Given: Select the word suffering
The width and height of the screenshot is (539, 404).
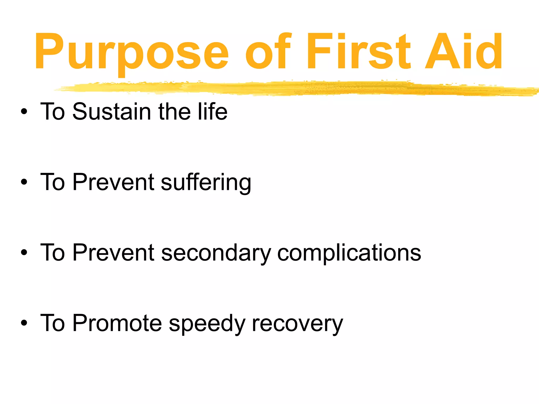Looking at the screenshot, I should pos(206,182).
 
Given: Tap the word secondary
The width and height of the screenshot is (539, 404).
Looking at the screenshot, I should pos(216,253).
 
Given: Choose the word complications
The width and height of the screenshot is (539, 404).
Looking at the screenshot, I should pos(349,253).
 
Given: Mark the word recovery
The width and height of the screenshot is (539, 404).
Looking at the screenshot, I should pos(297,324).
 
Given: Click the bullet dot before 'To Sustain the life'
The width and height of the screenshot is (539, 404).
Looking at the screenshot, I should pos(24,112).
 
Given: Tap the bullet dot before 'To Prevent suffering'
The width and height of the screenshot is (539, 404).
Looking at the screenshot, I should pos(24,182).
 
